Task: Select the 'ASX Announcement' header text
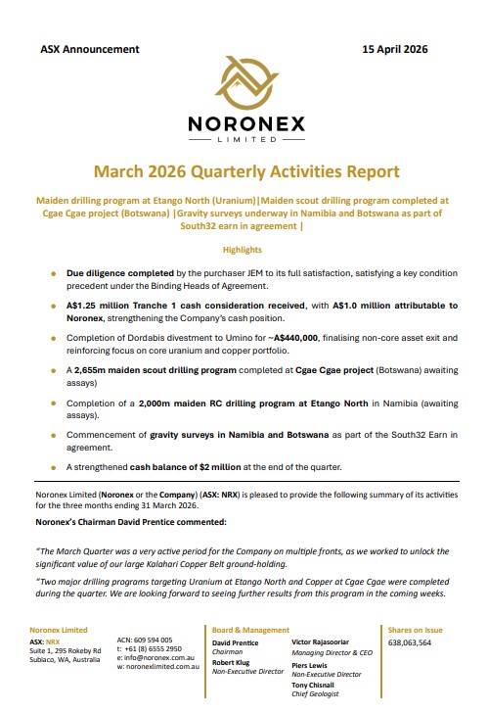click(90, 49)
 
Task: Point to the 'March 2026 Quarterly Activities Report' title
click(243, 171)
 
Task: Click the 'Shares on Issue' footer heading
click(416, 630)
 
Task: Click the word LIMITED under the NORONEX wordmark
click(243, 138)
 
